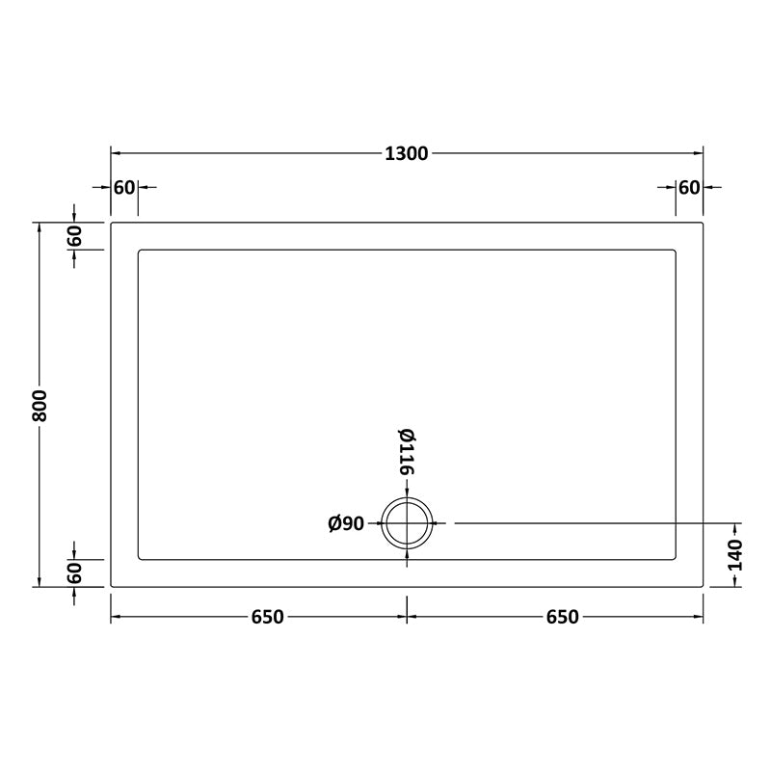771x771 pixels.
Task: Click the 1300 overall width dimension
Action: point(407,153)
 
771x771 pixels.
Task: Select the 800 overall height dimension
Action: point(39,404)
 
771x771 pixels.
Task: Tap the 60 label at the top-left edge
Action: point(124,187)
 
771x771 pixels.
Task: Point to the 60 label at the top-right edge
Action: point(689,187)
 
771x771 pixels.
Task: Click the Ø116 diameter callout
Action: point(406,451)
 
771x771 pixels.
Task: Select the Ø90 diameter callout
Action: point(346,523)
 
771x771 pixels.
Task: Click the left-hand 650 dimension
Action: point(267,617)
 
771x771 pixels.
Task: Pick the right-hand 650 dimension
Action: point(562,617)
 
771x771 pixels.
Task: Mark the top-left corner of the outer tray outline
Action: point(112,224)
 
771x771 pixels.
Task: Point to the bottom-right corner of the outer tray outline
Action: point(704,586)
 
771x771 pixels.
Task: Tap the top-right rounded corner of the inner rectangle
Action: point(676,252)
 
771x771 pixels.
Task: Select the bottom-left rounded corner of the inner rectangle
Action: point(141,557)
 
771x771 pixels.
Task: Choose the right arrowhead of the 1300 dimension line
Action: point(699,153)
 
